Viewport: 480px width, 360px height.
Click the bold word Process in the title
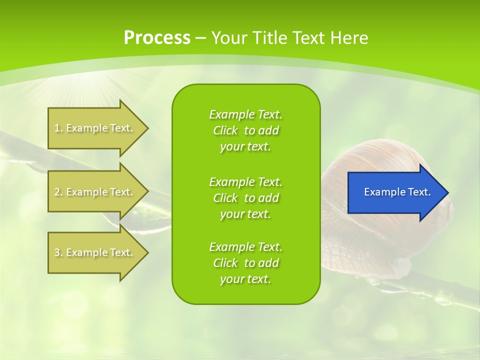[157, 38]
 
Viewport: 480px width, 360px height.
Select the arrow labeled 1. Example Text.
[95, 128]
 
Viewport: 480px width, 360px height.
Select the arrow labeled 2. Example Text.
[95, 192]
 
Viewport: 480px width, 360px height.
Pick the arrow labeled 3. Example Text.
[95, 252]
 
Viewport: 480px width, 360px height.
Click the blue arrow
[395, 192]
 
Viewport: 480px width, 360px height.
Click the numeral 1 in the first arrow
[57, 128]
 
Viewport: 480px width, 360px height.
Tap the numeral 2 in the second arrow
[57, 192]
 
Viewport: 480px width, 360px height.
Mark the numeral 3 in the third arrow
[57, 252]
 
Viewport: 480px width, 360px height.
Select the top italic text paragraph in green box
[245, 130]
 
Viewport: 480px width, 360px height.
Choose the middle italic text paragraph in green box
[245, 197]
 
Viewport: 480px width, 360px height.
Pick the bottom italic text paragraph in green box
[245, 263]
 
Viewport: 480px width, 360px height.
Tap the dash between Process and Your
[200, 38]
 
